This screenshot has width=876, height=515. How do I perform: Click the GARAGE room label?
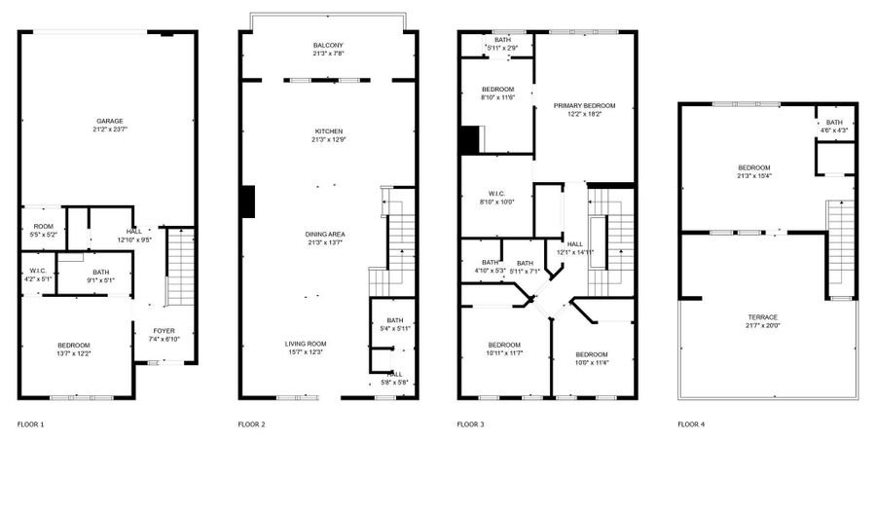click(x=107, y=121)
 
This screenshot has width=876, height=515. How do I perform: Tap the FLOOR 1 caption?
click(x=30, y=424)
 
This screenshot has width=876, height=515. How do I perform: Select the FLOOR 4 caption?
click(x=691, y=424)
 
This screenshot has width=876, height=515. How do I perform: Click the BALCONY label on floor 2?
click(x=328, y=46)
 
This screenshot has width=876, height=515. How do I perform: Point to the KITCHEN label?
click(x=328, y=131)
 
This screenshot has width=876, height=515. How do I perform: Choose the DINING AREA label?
click(x=328, y=235)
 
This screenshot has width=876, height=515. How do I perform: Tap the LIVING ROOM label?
click(x=305, y=344)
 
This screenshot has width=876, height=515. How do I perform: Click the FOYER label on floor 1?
click(x=163, y=331)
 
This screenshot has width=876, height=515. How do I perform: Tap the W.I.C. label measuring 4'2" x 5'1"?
click(x=38, y=271)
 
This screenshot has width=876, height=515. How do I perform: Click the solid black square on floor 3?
click(x=469, y=141)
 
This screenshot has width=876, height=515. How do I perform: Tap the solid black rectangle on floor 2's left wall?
click(x=248, y=202)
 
